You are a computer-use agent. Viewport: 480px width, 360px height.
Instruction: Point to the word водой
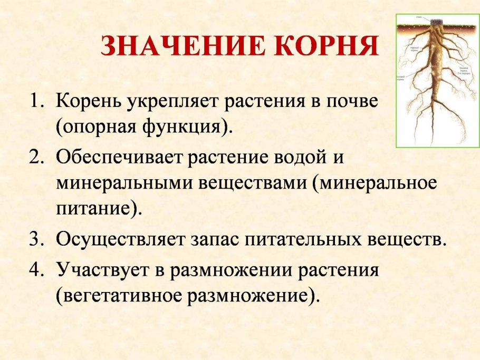306,157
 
